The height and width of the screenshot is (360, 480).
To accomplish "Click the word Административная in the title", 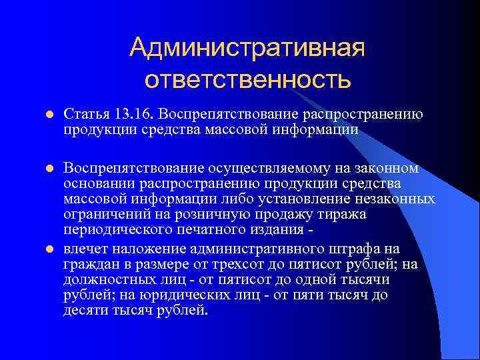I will tap(247, 47).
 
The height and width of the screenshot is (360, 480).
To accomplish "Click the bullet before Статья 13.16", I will tap(49, 115).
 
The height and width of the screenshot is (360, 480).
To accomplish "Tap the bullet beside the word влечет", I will tap(49, 250).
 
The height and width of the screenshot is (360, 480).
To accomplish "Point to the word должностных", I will tap(107, 280).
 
